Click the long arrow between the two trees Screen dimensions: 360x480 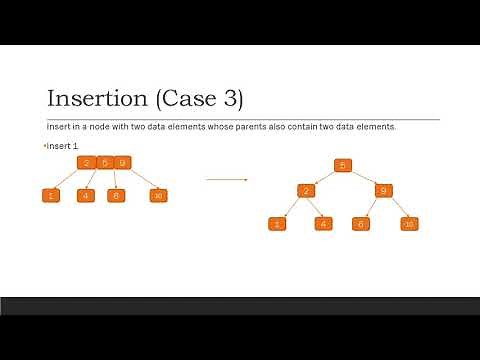click(x=226, y=180)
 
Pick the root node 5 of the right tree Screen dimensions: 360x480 click(x=342, y=165)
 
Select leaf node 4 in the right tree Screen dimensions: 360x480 click(x=322, y=223)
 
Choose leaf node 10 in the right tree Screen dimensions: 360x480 click(x=408, y=223)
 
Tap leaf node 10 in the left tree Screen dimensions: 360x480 click(x=158, y=195)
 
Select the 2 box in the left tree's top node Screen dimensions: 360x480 click(x=87, y=163)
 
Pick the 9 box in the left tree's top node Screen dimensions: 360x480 click(x=122, y=163)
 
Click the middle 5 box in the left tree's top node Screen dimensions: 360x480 click(x=104, y=163)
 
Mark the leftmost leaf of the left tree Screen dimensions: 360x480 click(x=49, y=195)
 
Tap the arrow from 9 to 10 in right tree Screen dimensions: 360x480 click(x=397, y=207)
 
